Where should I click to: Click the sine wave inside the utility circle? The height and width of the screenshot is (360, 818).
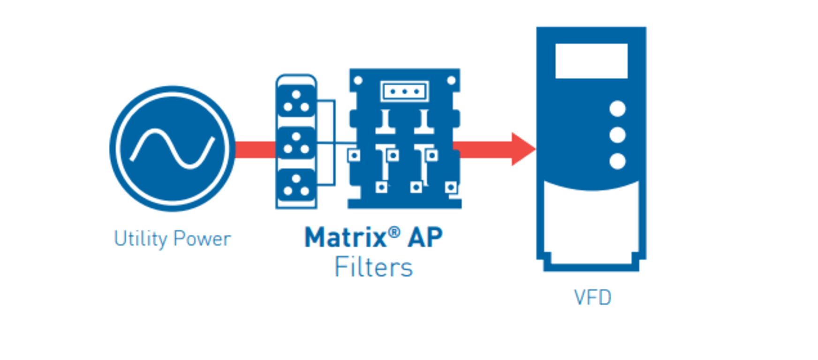(x=173, y=149)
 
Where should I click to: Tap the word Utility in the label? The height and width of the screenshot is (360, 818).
(x=140, y=239)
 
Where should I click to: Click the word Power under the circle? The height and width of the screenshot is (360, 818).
(x=202, y=239)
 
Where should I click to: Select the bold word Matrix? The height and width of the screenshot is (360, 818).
(x=345, y=237)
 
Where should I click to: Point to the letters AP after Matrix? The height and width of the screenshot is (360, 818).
(x=425, y=237)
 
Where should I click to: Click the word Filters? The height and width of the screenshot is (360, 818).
(x=373, y=268)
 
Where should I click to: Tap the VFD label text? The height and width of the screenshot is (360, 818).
(x=592, y=298)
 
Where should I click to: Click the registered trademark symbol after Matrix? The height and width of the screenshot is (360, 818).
(x=394, y=232)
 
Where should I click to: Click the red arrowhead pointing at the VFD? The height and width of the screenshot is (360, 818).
(x=522, y=149)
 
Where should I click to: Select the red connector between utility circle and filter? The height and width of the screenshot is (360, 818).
(x=256, y=150)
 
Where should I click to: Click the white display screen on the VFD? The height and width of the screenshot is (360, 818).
(x=591, y=61)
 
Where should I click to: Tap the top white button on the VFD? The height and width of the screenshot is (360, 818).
(x=617, y=109)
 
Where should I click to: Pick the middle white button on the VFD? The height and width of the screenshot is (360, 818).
(x=617, y=135)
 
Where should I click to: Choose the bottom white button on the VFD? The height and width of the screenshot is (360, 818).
(x=617, y=161)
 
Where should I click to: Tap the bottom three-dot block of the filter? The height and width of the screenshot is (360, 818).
(x=296, y=186)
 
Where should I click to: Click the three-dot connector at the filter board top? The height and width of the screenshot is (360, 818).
(x=404, y=91)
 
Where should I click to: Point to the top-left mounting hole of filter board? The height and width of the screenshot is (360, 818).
(x=358, y=81)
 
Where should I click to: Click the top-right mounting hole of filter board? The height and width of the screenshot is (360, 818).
(x=451, y=81)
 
